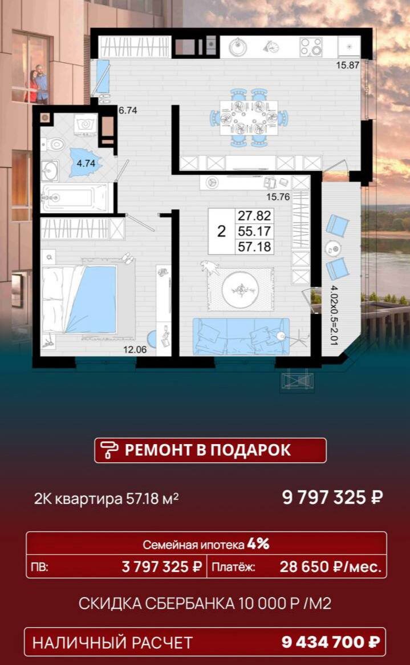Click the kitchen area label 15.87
[x=347, y=65]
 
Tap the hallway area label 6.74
[x=128, y=111]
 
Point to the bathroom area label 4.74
[x=86, y=163]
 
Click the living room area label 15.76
[x=278, y=198]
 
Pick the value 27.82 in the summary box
[x=255, y=216]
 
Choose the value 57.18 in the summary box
[x=255, y=247]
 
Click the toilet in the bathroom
[x=55, y=143]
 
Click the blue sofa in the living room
[x=239, y=337]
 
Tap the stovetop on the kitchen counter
[x=311, y=47]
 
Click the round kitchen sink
[x=238, y=47]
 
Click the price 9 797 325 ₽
[x=332, y=497]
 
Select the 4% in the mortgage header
[x=258, y=544]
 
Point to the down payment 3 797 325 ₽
[x=162, y=567]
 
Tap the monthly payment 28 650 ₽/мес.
[x=330, y=567]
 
